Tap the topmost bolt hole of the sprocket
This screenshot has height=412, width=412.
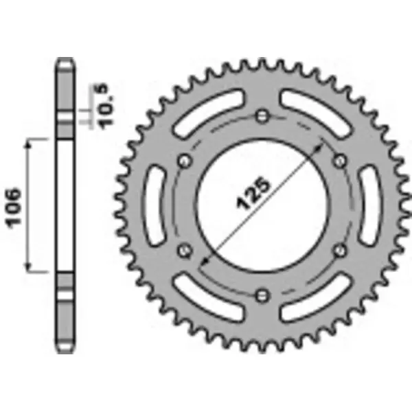(262, 116)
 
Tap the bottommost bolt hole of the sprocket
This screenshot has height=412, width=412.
(262, 295)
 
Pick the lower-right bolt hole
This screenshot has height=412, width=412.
(339, 251)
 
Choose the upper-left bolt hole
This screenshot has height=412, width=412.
(184, 161)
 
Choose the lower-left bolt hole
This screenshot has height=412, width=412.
(184, 251)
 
